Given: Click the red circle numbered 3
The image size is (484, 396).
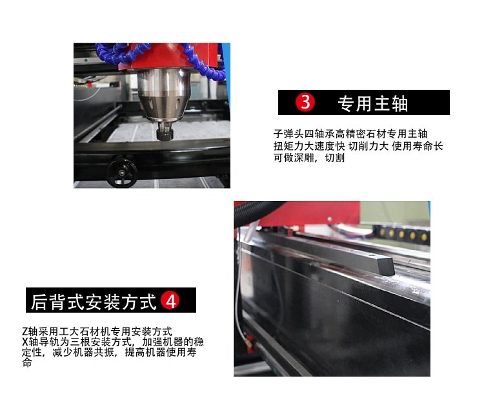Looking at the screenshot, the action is click(305, 102).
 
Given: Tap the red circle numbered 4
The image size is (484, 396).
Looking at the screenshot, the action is click(170, 300).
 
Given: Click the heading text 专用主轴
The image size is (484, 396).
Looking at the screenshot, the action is click(373, 103).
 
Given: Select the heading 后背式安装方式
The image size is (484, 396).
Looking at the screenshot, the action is click(94, 302).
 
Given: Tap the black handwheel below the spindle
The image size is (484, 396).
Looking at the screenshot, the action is click(121, 172).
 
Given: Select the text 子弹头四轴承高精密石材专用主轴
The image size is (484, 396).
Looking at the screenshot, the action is click(350, 134).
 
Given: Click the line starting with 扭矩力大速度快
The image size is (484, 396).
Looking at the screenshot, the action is click(358, 146).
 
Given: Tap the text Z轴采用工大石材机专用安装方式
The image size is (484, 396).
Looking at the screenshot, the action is click(97, 331).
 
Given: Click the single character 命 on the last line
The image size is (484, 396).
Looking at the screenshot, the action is click(27, 362).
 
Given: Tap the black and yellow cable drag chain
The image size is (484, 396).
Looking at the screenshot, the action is click(401, 234).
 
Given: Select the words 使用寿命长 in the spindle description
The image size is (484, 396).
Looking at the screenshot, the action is click(418, 146).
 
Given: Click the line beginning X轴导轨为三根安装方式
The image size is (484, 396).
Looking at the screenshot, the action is click(113, 342).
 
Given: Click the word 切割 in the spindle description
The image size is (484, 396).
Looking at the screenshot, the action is click(335, 158).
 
